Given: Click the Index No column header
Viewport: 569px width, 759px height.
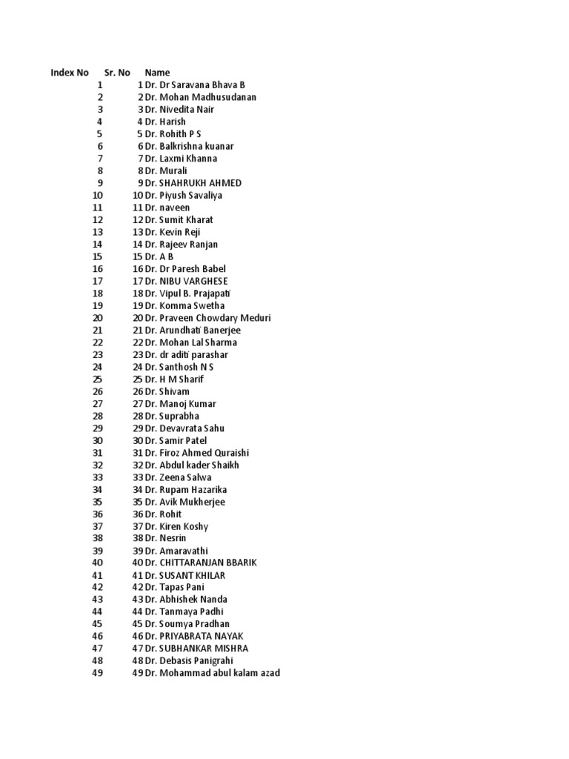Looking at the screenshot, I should click(70, 73).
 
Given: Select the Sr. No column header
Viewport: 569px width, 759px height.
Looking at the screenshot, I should click(117, 73).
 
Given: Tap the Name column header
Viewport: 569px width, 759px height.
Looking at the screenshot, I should click(157, 73).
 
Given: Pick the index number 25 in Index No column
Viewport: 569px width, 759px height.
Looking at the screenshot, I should click(98, 379).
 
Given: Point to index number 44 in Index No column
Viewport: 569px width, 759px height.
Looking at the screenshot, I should click(98, 611).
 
